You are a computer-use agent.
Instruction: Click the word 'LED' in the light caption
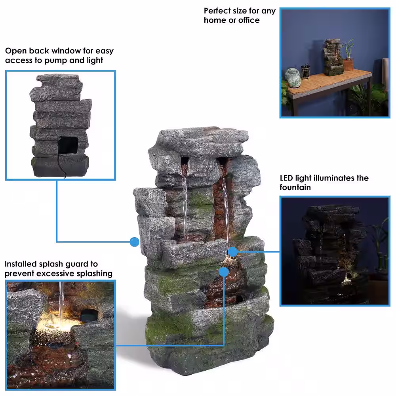pyautogui.click(x=286, y=178)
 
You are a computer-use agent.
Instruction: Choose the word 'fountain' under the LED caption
pyautogui.click(x=295, y=187)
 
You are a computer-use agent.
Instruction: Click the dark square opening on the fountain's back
pyautogui.click(x=68, y=145)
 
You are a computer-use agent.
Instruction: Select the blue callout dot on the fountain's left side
pyautogui.click(x=135, y=242)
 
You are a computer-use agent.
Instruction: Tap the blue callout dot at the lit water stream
pyautogui.click(x=233, y=252)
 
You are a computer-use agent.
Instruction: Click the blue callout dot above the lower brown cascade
pyautogui.click(x=224, y=272)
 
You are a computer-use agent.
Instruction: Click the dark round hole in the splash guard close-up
pyautogui.click(x=89, y=315)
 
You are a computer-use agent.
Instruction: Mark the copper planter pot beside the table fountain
pyautogui.click(x=348, y=65)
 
